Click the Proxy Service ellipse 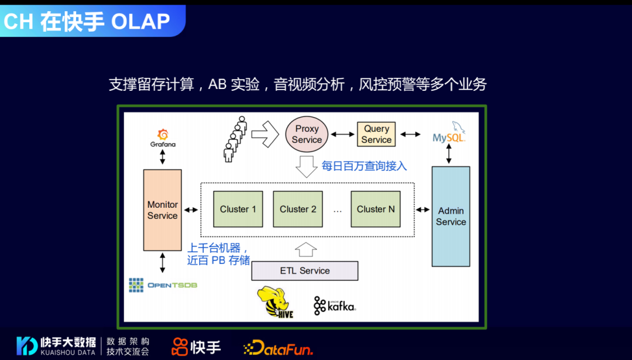(x=307, y=133)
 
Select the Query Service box (x=376, y=134)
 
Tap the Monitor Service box (x=162, y=210)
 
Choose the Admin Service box (x=451, y=216)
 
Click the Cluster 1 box (x=238, y=209)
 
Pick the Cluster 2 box (x=298, y=209)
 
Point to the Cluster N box (x=376, y=209)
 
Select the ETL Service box (x=304, y=270)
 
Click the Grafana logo (x=163, y=138)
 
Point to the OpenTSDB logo (x=163, y=285)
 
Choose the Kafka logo (x=335, y=306)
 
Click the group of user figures (x=235, y=139)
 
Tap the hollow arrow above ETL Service (x=305, y=249)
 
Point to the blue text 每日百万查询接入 (x=364, y=166)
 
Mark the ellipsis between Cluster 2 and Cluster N (x=338, y=210)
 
